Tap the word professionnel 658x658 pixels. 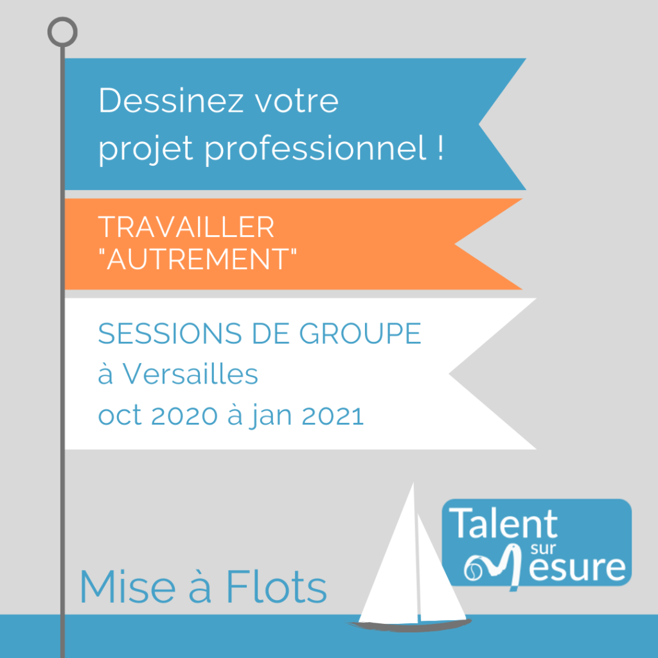[x=316, y=148]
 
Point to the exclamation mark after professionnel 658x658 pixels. [x=440, y=148]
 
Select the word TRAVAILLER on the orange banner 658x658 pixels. [x=186, y=227]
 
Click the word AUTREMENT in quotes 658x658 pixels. [x=197, y=259]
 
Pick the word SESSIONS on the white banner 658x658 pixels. [x=170, y=333]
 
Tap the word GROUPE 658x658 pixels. [x=360, y=333]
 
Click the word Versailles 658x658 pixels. [x=190, y=373]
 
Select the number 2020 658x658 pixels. [x=184, y=416]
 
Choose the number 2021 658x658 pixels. [x=333, y=416]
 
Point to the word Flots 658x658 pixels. [x=276, y=587]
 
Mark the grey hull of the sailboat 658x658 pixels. [x=409, y=626]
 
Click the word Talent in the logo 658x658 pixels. [x=504, y=523]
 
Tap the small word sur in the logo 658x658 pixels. [x=543, y=549]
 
